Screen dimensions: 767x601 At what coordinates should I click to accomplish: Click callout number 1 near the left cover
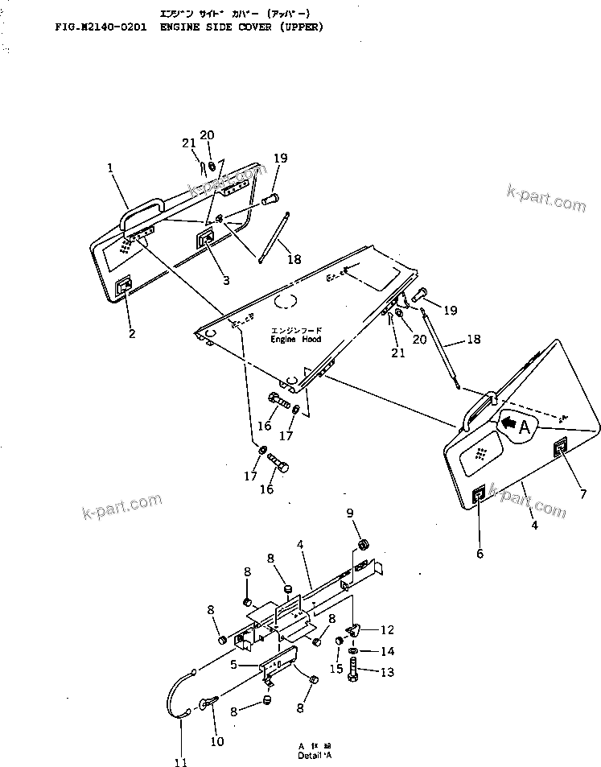point(110,170)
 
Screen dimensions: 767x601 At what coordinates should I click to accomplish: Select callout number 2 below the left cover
point(130,332)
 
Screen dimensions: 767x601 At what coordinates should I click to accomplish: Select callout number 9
point(349,513)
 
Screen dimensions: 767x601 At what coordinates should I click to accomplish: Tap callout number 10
point(217,741)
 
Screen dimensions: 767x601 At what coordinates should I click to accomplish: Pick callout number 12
point(387,629)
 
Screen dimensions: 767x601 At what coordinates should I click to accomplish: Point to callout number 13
point(387,672)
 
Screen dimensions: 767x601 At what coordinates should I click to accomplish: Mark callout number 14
point(387,651)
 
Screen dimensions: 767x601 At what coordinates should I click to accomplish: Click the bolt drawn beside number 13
point(354,670)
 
